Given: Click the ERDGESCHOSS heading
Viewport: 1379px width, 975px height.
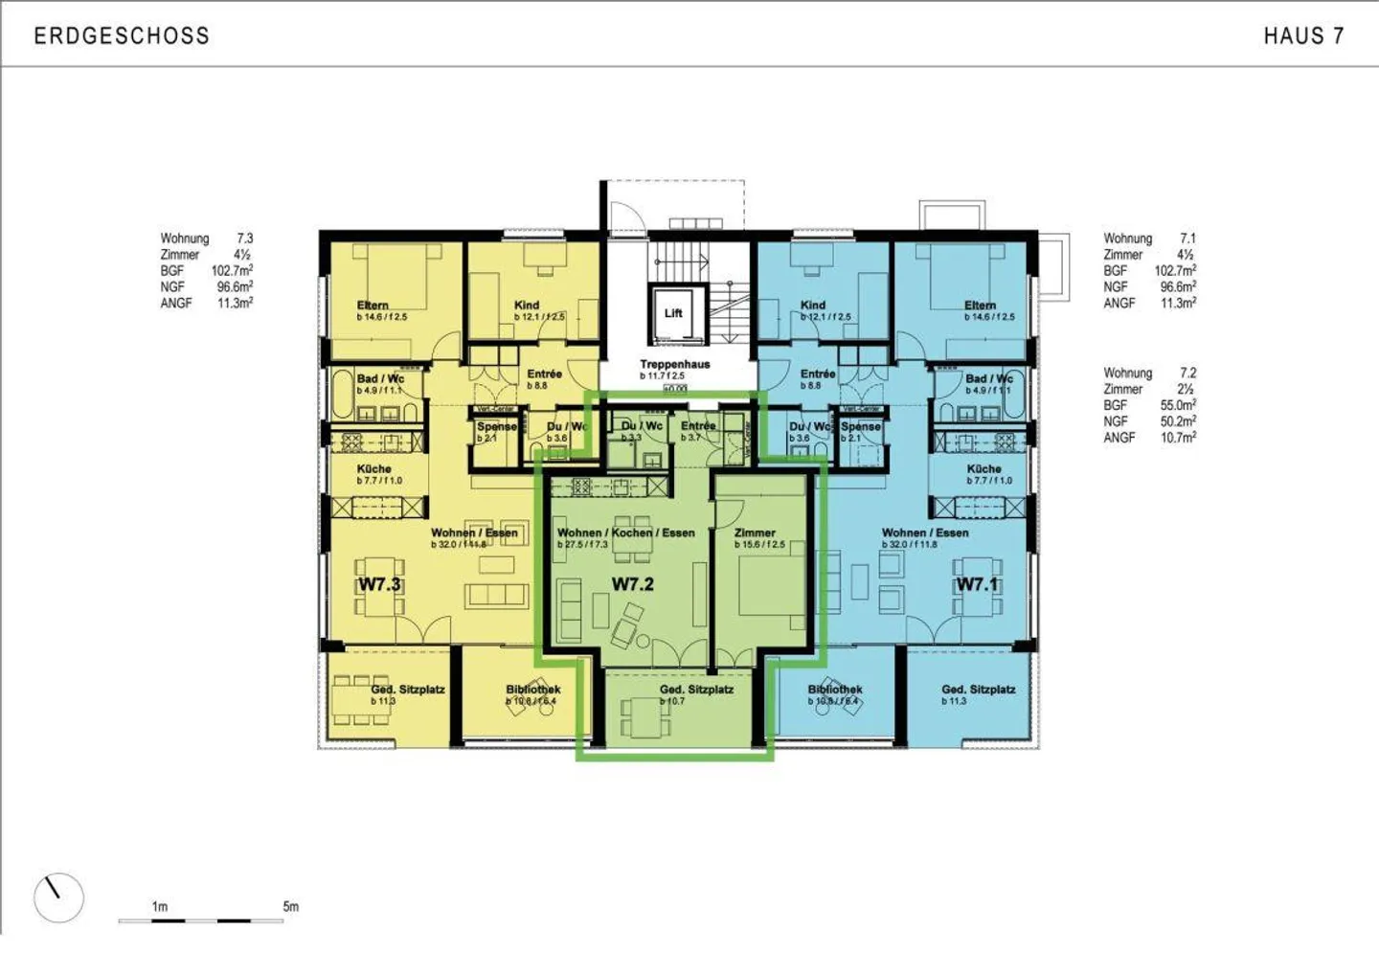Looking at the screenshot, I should pyautogui.click(x=122, y=36).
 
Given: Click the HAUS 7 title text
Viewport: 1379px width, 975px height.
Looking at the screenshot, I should pyautogui.click(x=1303, y=36).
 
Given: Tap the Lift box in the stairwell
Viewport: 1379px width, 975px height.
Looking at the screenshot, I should pyautogui.click(x=673, y=313).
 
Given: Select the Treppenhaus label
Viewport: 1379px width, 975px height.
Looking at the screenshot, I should pyautogui.click(x=675, y=364).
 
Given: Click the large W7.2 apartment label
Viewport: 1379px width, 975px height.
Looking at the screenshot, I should pyautogui.click(x=632, y=583).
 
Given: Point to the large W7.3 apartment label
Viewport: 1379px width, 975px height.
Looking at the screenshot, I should pyautogui.click(x=379, y=583).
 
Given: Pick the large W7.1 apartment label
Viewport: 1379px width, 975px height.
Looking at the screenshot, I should pyautogui.click(x=977, y=583).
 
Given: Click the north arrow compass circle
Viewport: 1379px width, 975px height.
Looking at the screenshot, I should pyautogui.click(x=58, y=897).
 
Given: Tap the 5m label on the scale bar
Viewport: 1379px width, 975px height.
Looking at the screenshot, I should pyautogui.click(x=290, y=906).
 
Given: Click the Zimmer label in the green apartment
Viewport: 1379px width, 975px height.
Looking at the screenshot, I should pyautogui.click(x=755, y=533).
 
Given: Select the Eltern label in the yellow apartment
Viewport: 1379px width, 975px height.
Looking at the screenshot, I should pyautogui.click(x=373, y=306).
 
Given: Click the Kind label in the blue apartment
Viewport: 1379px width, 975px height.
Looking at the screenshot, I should pyautogui.click(x=813, y=306).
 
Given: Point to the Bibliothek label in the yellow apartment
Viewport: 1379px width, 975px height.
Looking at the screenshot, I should pyautogui.click(x=533, y=690).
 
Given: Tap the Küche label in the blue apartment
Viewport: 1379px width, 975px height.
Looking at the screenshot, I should pyautogui.click(x=983, y=469).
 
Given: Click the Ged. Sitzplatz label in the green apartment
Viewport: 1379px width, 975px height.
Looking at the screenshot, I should pyautogui.click(x=696, y=690).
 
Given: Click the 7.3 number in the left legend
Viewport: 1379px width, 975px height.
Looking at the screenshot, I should pyautogui.click(x=245, y=238).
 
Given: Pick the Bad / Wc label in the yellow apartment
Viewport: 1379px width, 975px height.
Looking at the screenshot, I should pyautogui.click(x=380, y=379).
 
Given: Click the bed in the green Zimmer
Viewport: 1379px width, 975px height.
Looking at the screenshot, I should pyautogui.click(x=766, y=587).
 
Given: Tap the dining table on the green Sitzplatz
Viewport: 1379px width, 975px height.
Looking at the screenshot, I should pyautogui.click(x=640, y=714).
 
